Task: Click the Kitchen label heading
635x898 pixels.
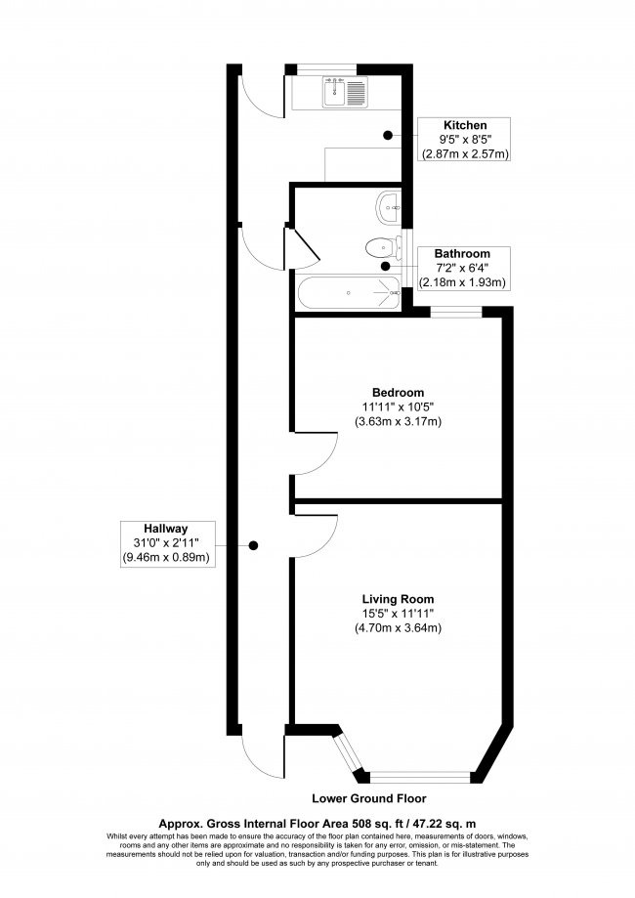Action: coord(465,126)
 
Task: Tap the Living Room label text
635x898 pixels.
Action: coord(398,599)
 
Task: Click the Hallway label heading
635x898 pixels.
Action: coord(167,529)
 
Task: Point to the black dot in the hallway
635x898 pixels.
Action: coord(252,545)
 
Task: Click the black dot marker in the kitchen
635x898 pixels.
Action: coord(388,135)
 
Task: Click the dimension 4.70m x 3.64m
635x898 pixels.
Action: coord(398,628)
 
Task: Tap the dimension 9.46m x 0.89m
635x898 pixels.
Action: coord(167,558)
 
